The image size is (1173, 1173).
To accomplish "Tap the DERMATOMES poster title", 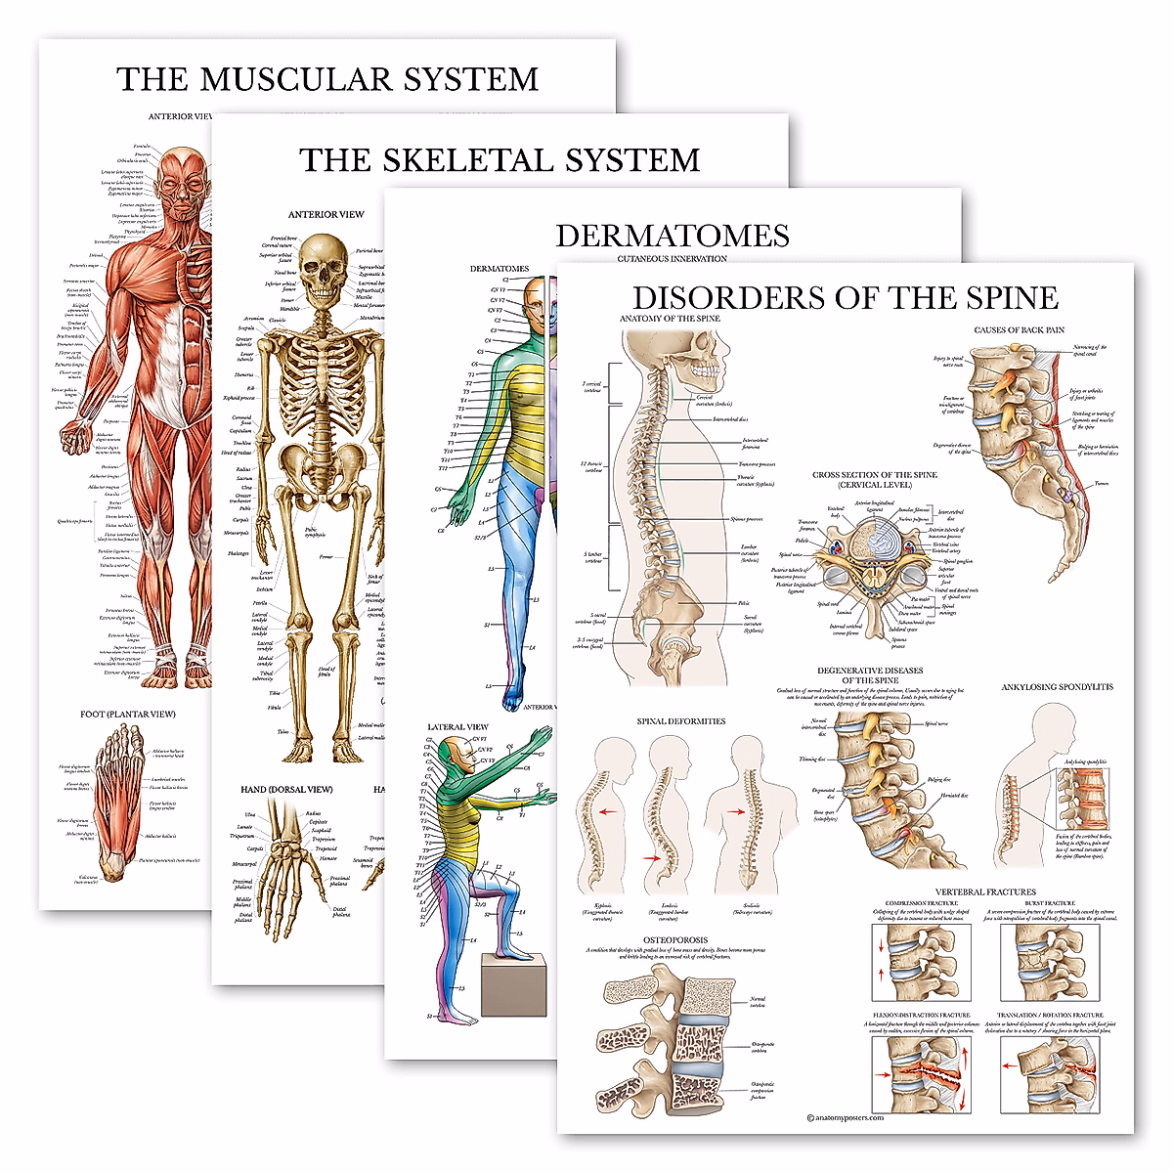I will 673,236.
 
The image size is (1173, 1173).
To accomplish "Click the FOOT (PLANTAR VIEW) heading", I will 128,715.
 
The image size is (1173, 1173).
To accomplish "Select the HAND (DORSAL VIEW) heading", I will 286,790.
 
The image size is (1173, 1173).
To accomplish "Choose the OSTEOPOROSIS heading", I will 674,940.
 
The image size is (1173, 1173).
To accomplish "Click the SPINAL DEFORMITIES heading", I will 681,721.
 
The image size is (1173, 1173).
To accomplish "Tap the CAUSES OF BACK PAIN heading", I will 1019,330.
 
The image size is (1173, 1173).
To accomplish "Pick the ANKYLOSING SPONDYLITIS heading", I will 1057,687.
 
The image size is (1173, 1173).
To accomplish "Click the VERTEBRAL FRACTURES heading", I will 985,891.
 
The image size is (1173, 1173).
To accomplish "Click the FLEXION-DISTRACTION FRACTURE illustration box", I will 920,1073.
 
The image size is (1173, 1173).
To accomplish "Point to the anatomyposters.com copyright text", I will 846,1117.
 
